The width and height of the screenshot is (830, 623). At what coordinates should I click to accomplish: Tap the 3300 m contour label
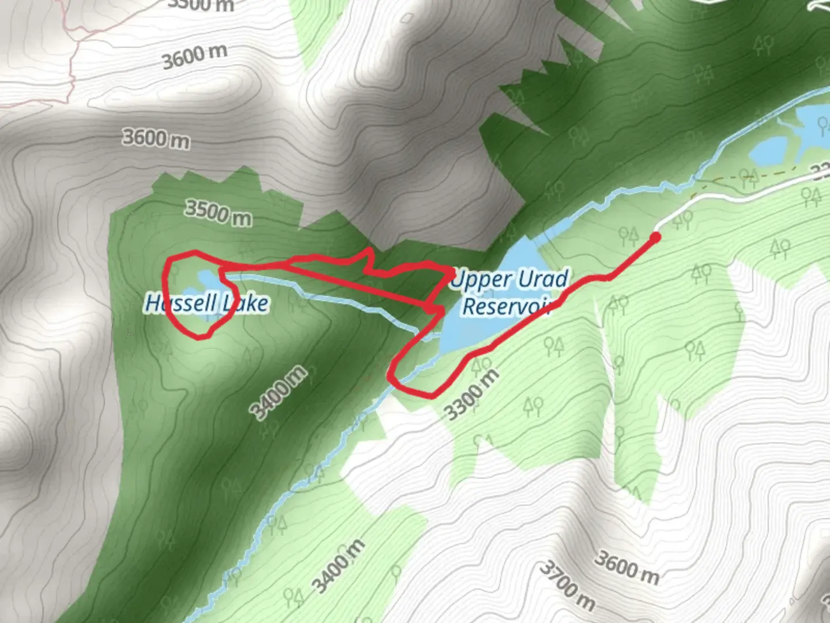tap(471, 395)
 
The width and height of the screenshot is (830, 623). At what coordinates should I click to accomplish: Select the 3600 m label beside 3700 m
tap(627, 566)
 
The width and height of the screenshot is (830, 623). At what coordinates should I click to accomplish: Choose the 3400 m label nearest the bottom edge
tap(340, 566)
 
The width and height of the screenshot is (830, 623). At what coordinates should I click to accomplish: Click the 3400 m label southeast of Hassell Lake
tap(279, 392)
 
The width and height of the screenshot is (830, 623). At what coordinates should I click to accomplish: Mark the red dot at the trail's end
tap(655, 237)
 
